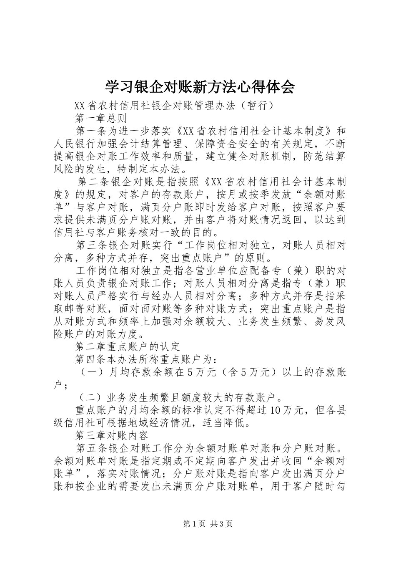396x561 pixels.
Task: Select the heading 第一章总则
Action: (x=101, y=118)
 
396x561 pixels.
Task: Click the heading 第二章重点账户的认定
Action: (x=128, y=346)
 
